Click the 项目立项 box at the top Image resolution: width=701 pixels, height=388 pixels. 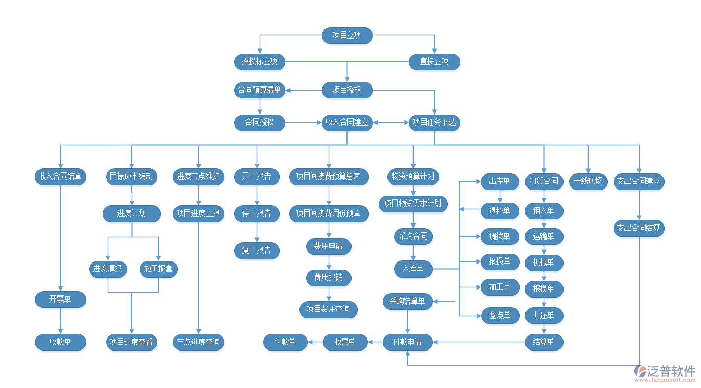[x=347, y=35]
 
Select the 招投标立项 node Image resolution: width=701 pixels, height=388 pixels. [x=259, y=61]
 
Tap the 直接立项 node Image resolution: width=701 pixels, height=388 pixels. [x=434, y=61]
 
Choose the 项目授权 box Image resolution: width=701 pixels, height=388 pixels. [x=347, y=90]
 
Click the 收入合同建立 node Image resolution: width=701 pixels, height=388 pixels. [x=347, y=123]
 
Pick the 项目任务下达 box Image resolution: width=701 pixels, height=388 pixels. [x=434, y=123]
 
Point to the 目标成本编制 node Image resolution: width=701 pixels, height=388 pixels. [x=131, y=177]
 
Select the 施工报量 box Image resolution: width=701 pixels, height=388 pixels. [x=159, y=269]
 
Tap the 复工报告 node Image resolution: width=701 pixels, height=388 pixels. [x=257, y=251]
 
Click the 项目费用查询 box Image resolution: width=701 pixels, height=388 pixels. [x=328, y=309]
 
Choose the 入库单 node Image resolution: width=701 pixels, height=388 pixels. [x=413, y=269]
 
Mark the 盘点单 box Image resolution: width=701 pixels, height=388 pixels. [x=499, y=316]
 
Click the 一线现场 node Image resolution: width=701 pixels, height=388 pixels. [x=588, y=181]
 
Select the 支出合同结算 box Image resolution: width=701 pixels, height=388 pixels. [x=639, y=228]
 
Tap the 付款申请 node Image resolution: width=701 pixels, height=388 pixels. [x=408, y=342]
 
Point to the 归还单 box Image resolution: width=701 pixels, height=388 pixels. [x=544, y=316]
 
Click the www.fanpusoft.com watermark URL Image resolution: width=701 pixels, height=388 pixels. [x=667, y=380]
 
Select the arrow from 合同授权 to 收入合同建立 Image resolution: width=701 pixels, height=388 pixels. [x=303, y=123]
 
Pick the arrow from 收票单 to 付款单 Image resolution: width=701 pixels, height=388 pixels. [x=315, y=342]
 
